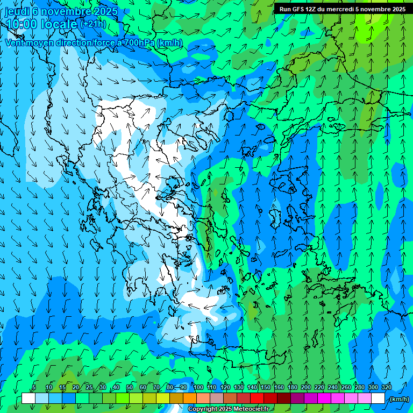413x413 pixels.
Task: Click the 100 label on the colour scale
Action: [x=198, y=387]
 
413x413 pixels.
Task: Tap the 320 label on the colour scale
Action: [x=387, y=387]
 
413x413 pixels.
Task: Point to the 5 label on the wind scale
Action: [x=34, y=387]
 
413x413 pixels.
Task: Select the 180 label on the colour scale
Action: [x=293, y=387]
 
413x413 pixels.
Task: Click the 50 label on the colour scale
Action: [x=130, y=387]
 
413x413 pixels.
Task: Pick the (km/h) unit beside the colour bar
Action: [x=400, y=398]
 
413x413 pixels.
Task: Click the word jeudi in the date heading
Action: [x=17, y=11]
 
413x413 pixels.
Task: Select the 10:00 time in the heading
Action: [x=21, y=24]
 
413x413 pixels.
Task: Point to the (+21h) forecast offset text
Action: [x=92, y=24]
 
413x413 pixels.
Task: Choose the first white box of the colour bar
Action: [x=29, y=398]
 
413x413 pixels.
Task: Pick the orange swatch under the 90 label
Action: [x=190, y=398]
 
